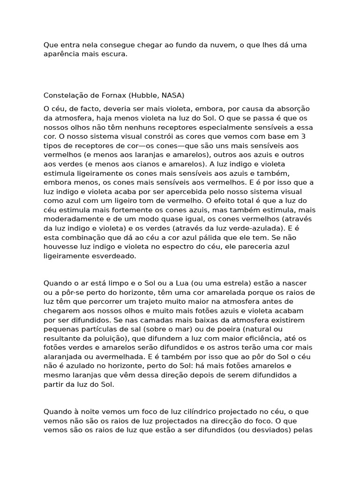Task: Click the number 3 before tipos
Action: click(304, 136)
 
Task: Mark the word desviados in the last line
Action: click(280, 430)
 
